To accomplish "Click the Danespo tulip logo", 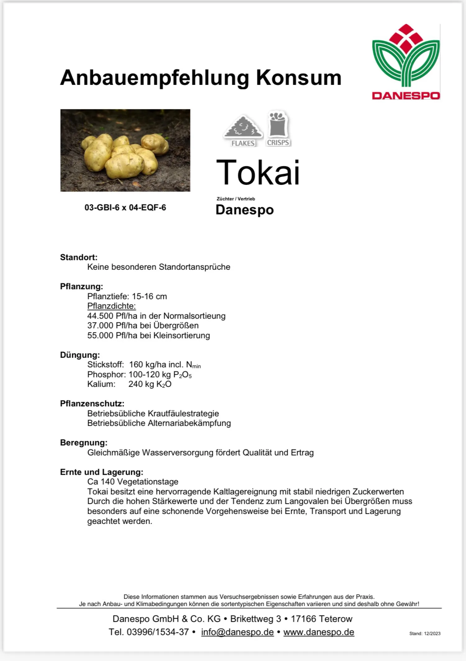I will [x=406, y=62].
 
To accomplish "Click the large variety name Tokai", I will [x=258, y=172].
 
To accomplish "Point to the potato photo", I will [x=125, y=150].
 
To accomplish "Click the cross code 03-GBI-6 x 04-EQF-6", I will [x=125, y=208].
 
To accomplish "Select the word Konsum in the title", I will [x=299, y=78].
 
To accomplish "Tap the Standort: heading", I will [x=79, y=257].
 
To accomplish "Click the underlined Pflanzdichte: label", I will [x=112, y=306].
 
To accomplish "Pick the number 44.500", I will [x=100, y=316].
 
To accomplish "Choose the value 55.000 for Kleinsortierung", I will [x=100, y=336].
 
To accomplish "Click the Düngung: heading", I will [x=80, y=355].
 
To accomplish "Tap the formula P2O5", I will [x=182, y=375].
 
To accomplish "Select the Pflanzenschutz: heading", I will [x=92, y=404].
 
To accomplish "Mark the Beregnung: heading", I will [x=84, y=443].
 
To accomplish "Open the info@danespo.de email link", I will [x=237, y=632].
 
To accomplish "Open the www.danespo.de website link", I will [x=319, y=632].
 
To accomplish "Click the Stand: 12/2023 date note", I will [x=425, y=633].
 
